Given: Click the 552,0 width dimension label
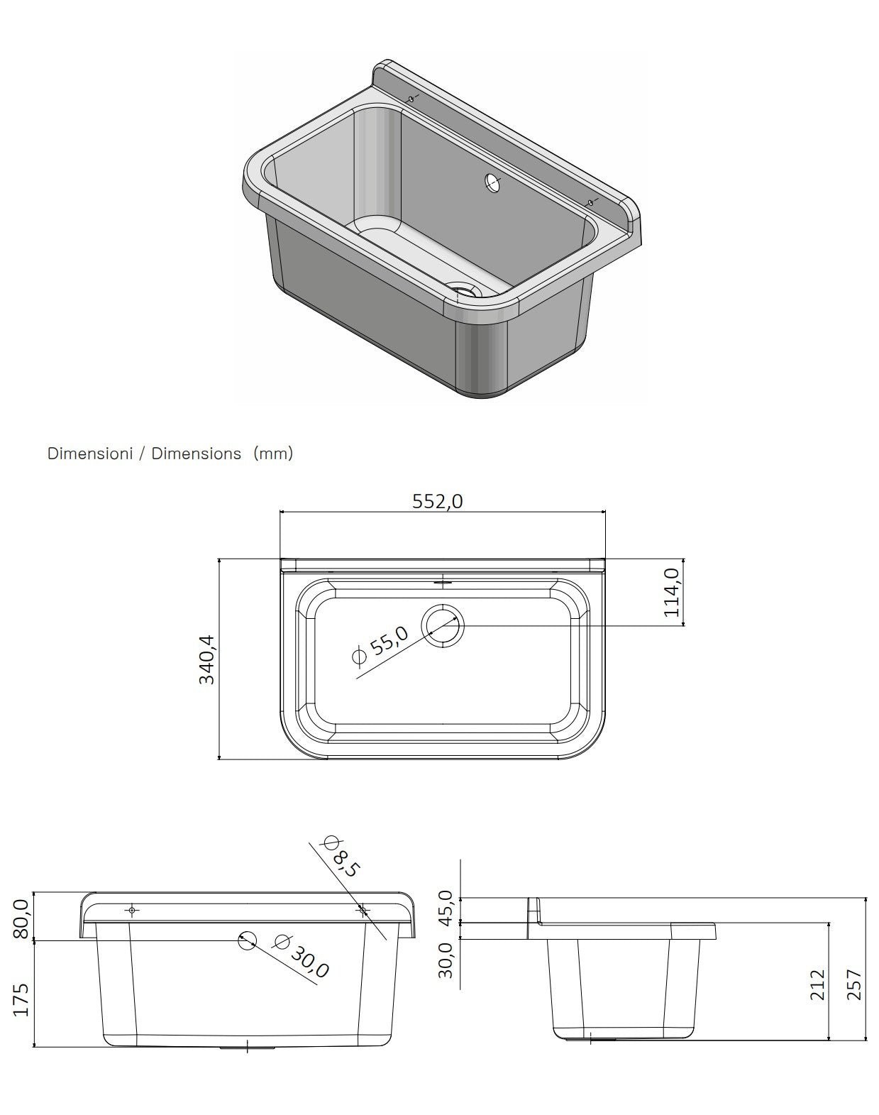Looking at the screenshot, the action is point(437,502).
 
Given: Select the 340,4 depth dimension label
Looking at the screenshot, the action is point(206,659).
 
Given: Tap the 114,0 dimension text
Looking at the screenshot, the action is point(672,592).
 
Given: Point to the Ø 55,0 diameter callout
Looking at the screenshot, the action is point(381,645).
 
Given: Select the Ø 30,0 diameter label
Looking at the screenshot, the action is point(302,955).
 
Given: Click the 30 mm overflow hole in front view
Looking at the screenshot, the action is point(246,940).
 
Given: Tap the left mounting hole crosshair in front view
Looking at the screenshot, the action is point(132,910).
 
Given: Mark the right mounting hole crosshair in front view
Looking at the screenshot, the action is point(363,910).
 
